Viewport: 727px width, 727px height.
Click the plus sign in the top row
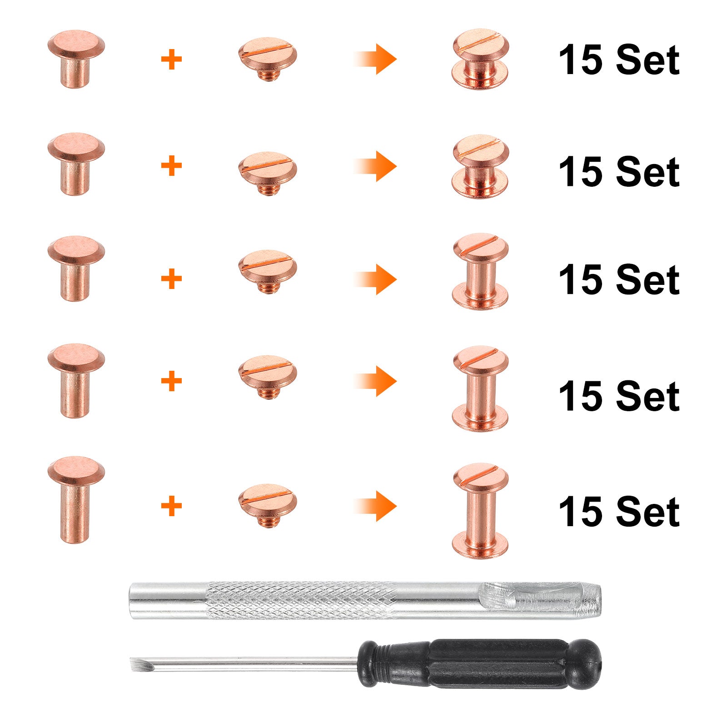(x=171, y=60)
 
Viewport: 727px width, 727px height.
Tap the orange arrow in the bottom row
(x=375, y=506)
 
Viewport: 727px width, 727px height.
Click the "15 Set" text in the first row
(x=619, y=60)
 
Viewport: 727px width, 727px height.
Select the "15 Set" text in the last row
(x=619, y=512)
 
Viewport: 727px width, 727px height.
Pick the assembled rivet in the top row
(x=480, y=59)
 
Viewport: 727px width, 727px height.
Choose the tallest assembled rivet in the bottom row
(x=480, y=511)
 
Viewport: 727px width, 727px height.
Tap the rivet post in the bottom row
(x=76, y=500)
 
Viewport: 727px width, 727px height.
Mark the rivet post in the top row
(x=76, y=59)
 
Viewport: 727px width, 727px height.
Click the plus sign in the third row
(x=171, y=279)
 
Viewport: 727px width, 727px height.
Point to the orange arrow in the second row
(x=375, y=166)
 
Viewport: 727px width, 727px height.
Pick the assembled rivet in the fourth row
(x=480, y=388)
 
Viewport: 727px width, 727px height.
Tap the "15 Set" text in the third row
(x=619, y=280)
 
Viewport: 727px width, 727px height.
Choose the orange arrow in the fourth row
(x=375, y=381)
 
